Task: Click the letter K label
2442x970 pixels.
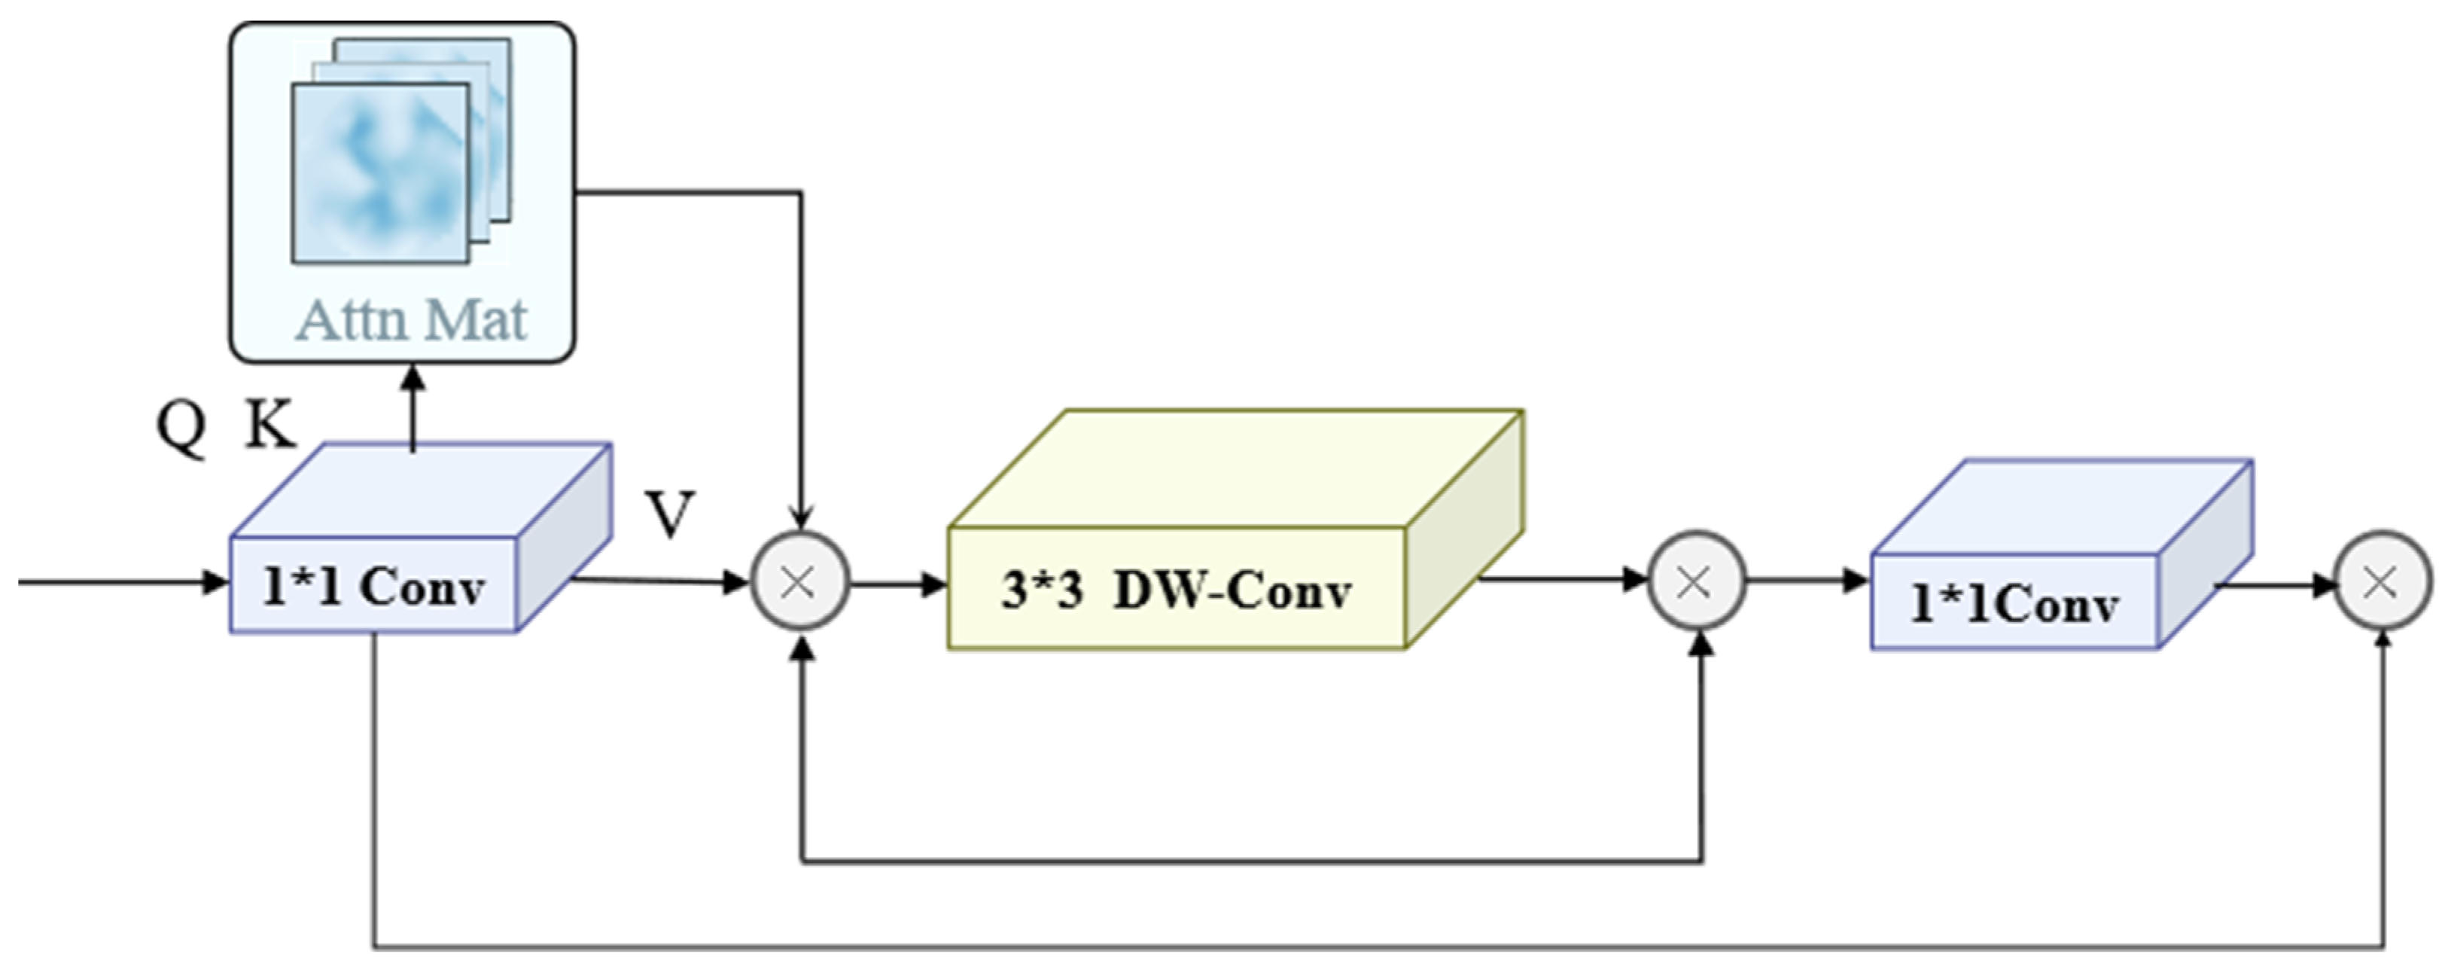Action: coord(270,424)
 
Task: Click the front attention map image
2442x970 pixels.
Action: coord(379,173)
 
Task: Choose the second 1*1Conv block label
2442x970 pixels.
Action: coord(2014,603)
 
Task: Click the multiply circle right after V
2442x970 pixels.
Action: coord(799,581)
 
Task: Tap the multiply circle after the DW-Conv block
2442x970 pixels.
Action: coord(1696,581)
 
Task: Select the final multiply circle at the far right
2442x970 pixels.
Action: coord(2380,581)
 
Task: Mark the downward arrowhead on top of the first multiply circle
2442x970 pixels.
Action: coord(801,519)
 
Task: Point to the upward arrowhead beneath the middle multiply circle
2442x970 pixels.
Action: coord(1703,643)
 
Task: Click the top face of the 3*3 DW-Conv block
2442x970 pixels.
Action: coord(1232,468)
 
